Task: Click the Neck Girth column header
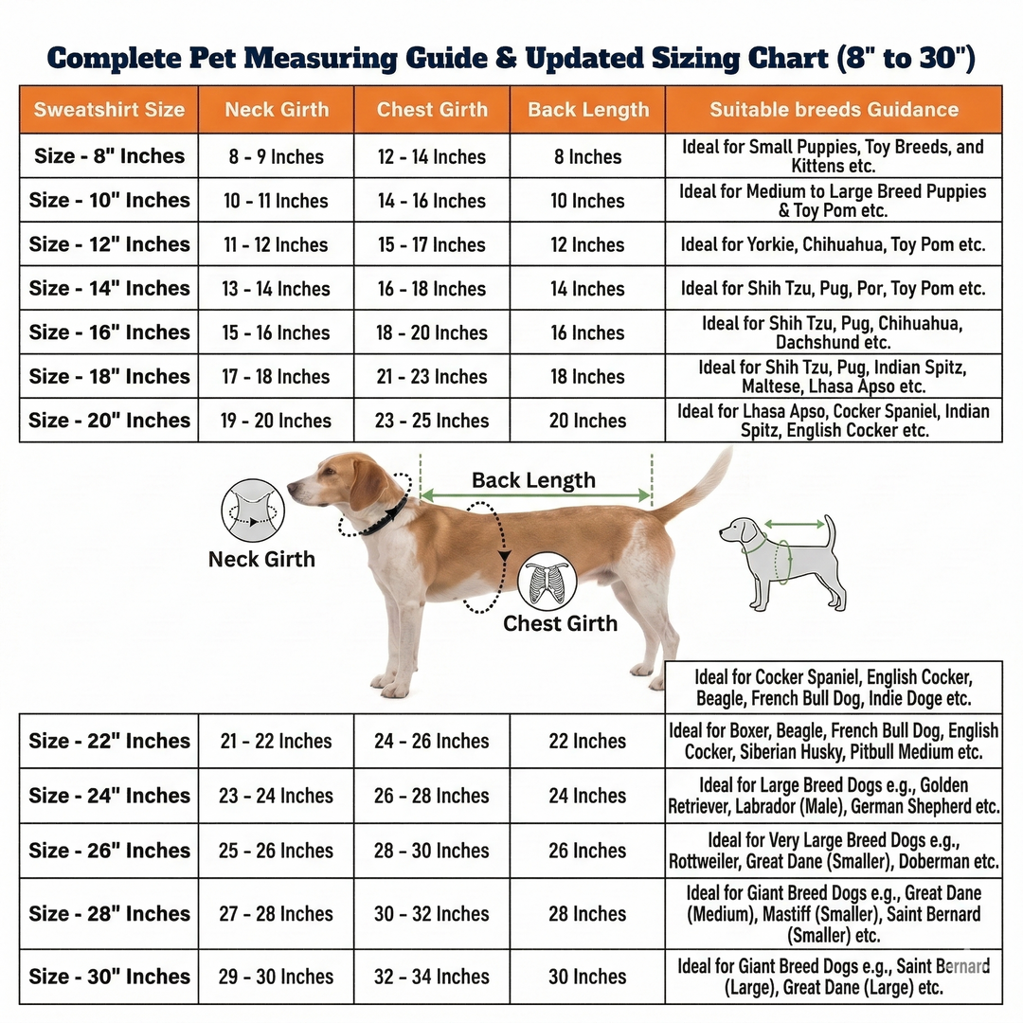point(277,110)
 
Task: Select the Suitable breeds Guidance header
point(834,110)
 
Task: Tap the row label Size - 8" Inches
point(109,156)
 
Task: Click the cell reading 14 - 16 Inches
point(432,200)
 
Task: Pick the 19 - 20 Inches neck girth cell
point(276,421)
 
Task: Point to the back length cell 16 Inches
point(587,332)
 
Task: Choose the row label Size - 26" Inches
point(109,850)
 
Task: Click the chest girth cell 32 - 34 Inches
point(432,976)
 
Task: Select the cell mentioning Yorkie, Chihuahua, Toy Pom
point(834,244)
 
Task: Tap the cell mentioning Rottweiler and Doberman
point(834,850)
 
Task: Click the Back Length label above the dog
point(533,480)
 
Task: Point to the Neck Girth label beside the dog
point(261,559)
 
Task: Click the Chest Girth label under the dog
point(560,623)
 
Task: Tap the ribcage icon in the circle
point(547,582)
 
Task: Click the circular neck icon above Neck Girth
point(253,511)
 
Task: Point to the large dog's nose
point(291,487)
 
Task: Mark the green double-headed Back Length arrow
point(535,495)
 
